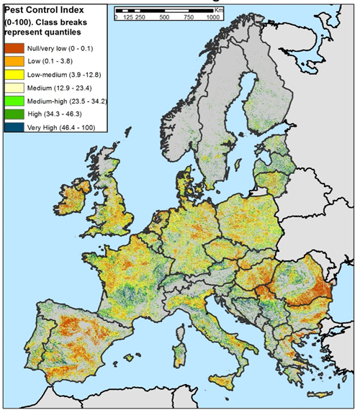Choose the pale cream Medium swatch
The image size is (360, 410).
coord(13,87)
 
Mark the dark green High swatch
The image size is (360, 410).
coord(13,114)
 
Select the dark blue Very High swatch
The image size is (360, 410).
coord(13,127)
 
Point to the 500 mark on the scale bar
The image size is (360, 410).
coord(165,17)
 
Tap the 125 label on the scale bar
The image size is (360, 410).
coord(129,17)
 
